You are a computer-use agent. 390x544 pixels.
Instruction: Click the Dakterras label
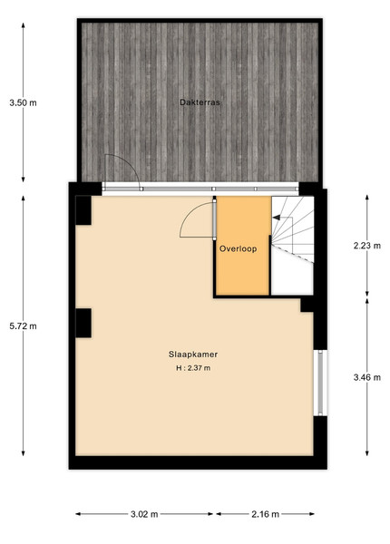tap(200, 102)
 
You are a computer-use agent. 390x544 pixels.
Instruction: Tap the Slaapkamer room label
tap(193, 355)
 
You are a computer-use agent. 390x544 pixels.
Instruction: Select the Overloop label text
tap(238, 248)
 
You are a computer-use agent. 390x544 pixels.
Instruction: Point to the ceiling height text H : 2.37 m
tap(193, 368)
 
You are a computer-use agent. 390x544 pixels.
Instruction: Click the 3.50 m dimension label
tap(23, 102)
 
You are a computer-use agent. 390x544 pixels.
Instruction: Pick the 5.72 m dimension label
tap(23, 326)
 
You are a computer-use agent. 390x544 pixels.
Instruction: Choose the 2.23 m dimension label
tap(367, 246)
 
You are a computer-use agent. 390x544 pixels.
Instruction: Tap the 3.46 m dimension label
tap(367, 377)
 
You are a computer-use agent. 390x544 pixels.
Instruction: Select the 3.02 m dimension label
tap(144, 514)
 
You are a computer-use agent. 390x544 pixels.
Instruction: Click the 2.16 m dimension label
tap(266, 514)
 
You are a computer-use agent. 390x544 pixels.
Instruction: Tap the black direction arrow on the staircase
tap(277, 218)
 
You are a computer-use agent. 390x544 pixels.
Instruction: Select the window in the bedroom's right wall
tap(320, 383)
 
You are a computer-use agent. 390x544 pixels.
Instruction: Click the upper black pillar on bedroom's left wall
tap(83, 210)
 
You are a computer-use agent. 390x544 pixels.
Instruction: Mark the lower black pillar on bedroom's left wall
tap(83, 323)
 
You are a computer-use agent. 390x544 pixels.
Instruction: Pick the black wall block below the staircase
tap(307, 305)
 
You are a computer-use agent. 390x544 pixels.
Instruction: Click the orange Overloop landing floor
tap(243, 270)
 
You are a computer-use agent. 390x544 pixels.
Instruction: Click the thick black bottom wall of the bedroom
tap(198, 462)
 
